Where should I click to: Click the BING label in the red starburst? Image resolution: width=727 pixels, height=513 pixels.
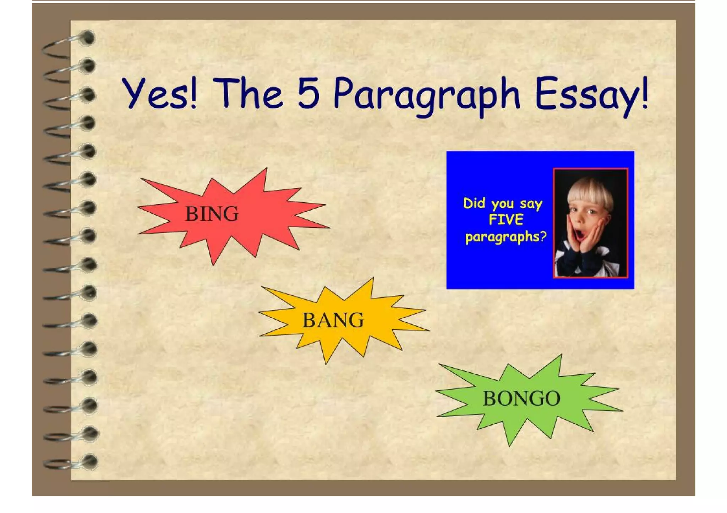tap(212, 214)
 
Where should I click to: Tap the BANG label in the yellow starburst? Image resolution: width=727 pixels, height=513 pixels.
tap(333, 320)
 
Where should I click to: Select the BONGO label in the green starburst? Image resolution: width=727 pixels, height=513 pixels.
tap(521, 398)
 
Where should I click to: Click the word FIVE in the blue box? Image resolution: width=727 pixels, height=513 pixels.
tap(506, 220)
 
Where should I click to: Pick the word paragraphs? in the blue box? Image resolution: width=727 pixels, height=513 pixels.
tap(506, 237)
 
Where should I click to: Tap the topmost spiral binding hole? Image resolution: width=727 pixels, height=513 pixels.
tap(88, 38)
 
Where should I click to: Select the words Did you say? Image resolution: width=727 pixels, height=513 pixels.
tap(503, 203)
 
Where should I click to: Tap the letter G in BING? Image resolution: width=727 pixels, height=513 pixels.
tap(230, 214)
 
